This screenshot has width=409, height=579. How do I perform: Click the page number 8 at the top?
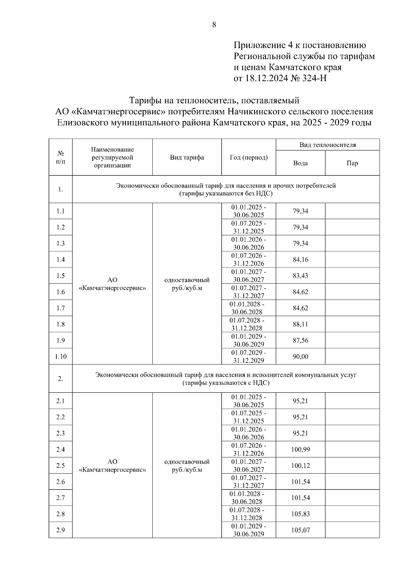click(214, 25)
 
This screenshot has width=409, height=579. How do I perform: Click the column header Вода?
click(300, 163)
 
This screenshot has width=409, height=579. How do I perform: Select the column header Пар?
click(352, 163)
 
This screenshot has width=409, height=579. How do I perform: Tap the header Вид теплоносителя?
click(327, 145)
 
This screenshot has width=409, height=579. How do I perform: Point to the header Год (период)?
click(248, 158)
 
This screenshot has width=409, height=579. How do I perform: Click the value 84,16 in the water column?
click(300, 259)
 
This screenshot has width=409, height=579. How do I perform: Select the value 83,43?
click(300, 276)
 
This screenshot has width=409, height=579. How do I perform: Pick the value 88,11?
click(300, 324)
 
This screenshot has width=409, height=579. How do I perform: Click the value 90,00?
click(300, 357)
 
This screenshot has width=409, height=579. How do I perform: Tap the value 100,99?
click(300, 449)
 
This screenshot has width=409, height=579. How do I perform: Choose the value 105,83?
click(300, 514)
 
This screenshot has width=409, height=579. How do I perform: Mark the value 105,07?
click(300, 530)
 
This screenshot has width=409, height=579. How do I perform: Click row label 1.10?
click(60, 357)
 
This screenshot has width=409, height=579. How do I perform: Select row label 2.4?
click(60, 449)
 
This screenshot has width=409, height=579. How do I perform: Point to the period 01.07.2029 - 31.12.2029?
click(248, 356)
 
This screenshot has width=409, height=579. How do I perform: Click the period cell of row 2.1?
click(248, 401)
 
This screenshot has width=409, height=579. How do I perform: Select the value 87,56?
click(300, 340)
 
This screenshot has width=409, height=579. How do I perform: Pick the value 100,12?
click(300, 465)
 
